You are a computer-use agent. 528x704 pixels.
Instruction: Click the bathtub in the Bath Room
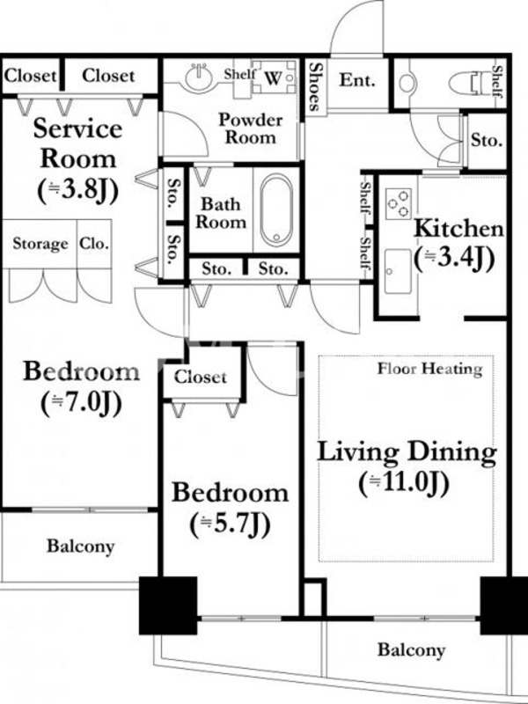(276, 210)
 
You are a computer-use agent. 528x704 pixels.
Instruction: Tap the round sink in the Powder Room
(199, 77)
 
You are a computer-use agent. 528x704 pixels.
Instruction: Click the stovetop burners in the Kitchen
(399, 203)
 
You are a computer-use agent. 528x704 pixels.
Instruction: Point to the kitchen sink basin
(398, 271)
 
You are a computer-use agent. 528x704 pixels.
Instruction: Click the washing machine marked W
(274, 77)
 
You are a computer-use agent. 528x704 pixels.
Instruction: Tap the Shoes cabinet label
(316, 86)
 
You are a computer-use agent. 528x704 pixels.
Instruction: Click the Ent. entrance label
(356, 80)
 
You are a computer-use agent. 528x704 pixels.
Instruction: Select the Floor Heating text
(429, 369)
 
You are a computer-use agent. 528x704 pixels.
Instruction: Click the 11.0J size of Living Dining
(404, 483)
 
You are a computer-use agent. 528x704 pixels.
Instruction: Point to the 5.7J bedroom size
(231, 524)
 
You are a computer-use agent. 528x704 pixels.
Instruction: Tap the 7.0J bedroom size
(81, 403)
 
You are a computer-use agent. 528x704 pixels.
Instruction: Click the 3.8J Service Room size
(77, 190)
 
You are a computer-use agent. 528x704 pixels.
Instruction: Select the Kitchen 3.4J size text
(454, 259)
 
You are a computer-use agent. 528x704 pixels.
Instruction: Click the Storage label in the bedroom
(40, 244)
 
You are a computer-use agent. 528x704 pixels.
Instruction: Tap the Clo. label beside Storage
(94, 244)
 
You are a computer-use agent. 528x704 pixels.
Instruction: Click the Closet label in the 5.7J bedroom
(201, 377)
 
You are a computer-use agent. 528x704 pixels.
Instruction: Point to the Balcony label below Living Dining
(411, 650)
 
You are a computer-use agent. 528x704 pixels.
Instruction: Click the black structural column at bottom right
(502, 605)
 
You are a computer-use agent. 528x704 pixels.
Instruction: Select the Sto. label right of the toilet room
(487, 141)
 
